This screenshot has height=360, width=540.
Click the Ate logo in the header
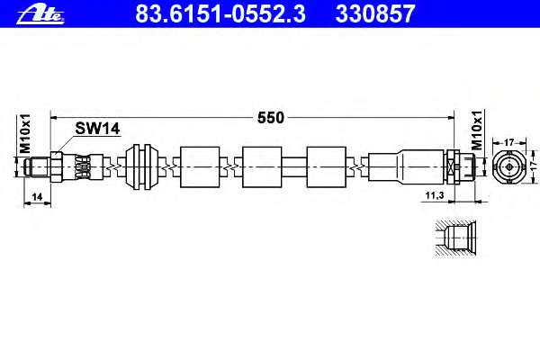(40, 14)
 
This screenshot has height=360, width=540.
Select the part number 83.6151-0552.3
(220, 13)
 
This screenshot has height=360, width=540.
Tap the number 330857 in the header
(375, 13)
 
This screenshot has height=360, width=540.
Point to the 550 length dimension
(271, 118)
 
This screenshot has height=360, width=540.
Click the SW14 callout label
(97, 129)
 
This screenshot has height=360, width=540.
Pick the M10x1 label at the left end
(25, 133)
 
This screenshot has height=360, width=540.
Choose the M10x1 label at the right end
(477, 130)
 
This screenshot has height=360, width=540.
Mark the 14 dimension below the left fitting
(37, 197)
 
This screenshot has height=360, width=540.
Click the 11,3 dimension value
(435, 195)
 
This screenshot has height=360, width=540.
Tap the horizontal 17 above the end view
(508, 142)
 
